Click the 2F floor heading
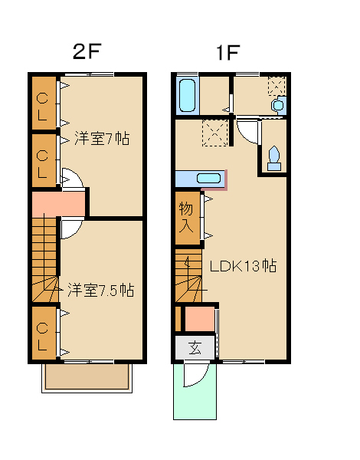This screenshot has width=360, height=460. pyautogui.click(x=87, y=51)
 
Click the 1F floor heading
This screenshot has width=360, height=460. pyautogui.click(x=227, y=52)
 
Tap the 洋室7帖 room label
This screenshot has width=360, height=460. pyautogui.click(x=102, y=138)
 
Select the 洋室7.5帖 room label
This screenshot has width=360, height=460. pyautogui.click(x=100, y=290)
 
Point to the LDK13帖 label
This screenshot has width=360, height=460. pyautogui.click(x=243, y=266)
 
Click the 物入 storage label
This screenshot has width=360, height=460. pyautogui.click(x=186, y=218)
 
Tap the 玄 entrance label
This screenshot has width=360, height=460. pyautogui.click(x=195, y=348)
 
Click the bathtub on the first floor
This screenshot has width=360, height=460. pyautogui.click(x=187, y=95)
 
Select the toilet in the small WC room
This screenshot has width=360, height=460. pyautogui.click(x=274, y=159)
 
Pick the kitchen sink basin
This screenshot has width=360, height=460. pyautogui.click(x=208, y=178)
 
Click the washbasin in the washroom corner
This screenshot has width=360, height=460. pyautogui.click(x=279, y=105)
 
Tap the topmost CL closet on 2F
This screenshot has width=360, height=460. pyautogui.click(x=44, y=103)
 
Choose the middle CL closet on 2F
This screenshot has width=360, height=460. pyautogui.click(x=44, y=160)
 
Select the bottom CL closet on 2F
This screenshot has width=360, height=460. pyautogui.click(x=44, y=333)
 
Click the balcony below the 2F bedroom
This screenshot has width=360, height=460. pyautogui.click(x=87, y=378)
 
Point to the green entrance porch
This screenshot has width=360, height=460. pyautogui.click(x=195, y=392)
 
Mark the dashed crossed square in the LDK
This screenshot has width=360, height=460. pyautogui.click(x=215, y=133)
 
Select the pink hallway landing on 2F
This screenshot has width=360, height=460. pyautogui.click(x=58, y=204)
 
